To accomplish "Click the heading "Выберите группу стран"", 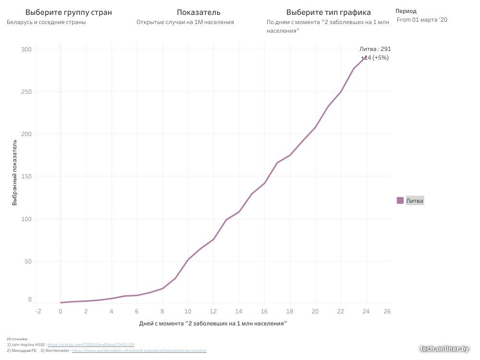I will click(68, 12).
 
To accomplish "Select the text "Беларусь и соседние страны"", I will click(46, 22).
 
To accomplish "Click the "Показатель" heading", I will click(198, 12).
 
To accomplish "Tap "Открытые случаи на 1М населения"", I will click(185, 22).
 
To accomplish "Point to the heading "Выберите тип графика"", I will click(328, 12).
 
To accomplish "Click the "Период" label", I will click(406, 11).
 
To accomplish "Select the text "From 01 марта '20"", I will click(422, 20).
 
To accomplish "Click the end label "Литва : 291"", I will click(375, 49).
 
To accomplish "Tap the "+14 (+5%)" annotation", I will click(375, 58).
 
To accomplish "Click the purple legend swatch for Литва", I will click(400, 200).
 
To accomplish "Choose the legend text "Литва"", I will click(415, 201).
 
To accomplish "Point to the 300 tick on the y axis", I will click(26, 49).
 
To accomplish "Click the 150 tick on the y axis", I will click(26, 176).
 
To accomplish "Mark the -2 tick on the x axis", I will click(38, 311).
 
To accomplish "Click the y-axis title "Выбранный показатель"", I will click(15, 173).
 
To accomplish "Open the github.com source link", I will click(91, 345).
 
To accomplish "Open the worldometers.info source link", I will click(139, 351).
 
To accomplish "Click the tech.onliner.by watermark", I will click(444, 349).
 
